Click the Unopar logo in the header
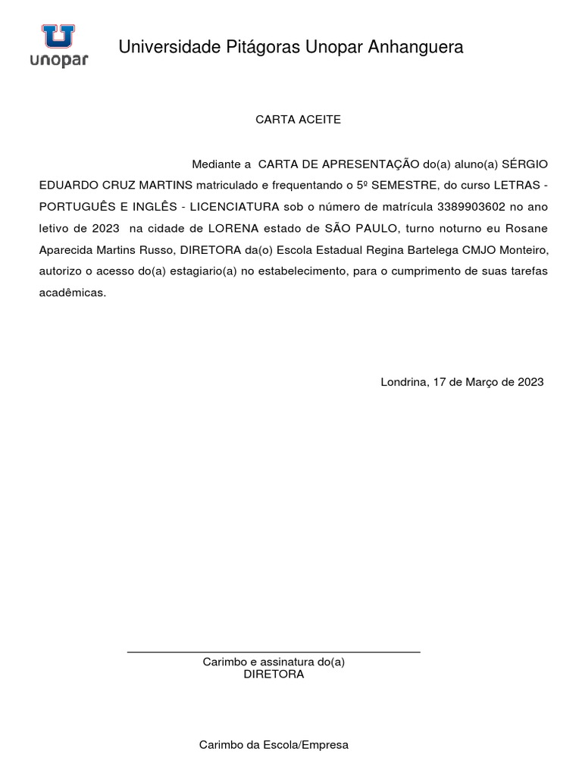[x=58, y=45]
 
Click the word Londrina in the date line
[x=405, y=383]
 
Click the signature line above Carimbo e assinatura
[x=273, y=652]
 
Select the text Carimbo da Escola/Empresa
[x=274, y=745]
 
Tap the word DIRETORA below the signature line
[x=274, y=674]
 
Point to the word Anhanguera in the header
[x=415, y=48]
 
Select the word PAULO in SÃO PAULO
[x=374, y=228]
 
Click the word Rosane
[x=525, y=228]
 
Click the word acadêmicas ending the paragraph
[x=73, y=293]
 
